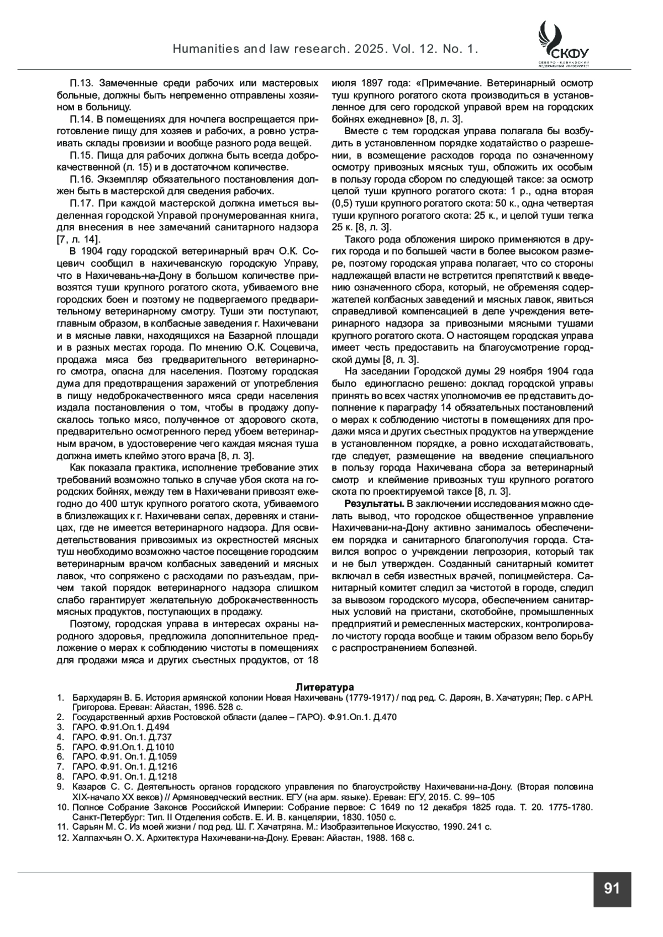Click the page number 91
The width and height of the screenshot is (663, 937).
612,888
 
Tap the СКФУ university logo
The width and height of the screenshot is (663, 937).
562,44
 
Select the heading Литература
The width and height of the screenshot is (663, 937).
324,687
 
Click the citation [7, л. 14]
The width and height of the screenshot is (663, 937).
78,239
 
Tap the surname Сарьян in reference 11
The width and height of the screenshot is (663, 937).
87,827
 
